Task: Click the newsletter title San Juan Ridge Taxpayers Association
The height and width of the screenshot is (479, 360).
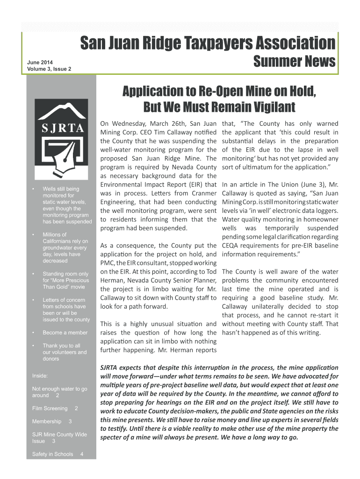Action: click(x=208, y=44)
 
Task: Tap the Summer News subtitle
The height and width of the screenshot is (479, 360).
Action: click(x=294, y=62)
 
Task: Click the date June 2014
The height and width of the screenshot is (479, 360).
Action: click(x=40, y=62)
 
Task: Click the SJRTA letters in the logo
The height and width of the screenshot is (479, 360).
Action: click(x=61, y=128)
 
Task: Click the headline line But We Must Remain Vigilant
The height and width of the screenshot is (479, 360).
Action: click(x=219, y=107)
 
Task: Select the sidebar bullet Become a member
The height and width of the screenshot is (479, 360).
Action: click(x=65, y=333)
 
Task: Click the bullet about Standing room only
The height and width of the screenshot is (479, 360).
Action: click(x=65, y=280)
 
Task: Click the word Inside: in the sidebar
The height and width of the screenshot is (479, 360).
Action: click(x=40, y=375)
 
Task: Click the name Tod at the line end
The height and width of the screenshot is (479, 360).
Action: click(x=211, y=271)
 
